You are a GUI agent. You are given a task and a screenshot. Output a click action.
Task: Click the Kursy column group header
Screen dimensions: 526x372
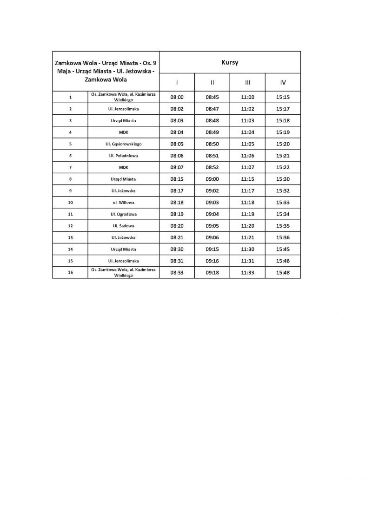tap(230, 62)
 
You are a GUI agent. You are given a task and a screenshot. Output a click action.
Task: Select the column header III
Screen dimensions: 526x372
tap(247, 82)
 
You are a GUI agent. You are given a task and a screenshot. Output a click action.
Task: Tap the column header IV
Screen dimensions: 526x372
tap(283, 82)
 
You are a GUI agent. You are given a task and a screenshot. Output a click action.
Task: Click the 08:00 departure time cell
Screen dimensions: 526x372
tap(177, 97)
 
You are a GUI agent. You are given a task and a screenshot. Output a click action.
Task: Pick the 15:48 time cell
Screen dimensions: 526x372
tap(283, 273)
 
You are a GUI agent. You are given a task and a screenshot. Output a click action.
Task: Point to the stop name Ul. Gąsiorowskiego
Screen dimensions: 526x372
tap(123, 144)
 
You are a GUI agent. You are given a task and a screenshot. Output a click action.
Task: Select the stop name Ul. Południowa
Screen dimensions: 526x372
tap(123, 156)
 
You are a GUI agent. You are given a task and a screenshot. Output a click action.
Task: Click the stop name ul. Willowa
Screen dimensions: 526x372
tap(123, 203)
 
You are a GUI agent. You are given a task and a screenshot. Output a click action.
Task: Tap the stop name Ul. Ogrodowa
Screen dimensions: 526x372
tap(123, 214)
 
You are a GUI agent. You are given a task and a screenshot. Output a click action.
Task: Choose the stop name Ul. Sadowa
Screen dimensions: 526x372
tap(123, 226)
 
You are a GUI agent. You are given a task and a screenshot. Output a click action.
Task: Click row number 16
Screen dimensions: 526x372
tap(70, 273)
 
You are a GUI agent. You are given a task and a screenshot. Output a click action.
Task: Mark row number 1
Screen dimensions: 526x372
tap(70, 97)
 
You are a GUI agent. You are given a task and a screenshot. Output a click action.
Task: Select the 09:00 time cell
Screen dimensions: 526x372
tap(212, 179)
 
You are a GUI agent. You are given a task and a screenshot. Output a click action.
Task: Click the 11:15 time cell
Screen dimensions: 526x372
tap(247, 179)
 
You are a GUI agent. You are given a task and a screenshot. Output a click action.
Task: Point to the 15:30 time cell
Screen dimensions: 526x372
tap(283, 179)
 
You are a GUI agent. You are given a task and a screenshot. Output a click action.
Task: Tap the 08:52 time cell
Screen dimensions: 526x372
tap(212, 167)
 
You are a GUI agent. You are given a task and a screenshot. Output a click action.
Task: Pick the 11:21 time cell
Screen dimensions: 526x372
tap(247, 237)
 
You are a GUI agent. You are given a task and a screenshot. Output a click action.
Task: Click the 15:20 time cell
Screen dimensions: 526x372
tap(283, 144)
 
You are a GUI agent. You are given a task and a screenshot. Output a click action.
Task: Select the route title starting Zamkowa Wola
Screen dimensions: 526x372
tap(106, 71)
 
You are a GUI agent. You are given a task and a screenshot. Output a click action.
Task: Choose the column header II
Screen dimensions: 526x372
tap(212, 82)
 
